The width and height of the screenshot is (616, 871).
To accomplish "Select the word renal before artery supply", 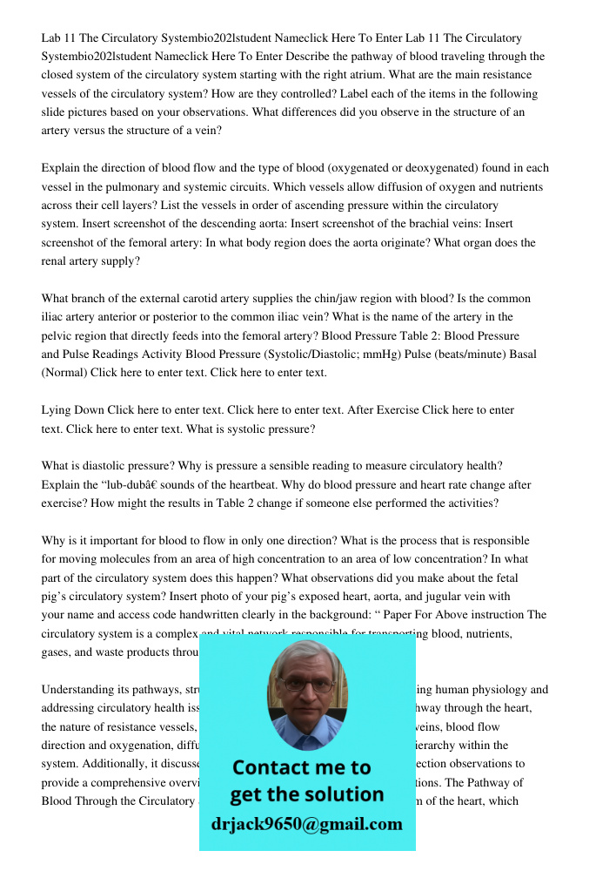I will [x=55, y=260].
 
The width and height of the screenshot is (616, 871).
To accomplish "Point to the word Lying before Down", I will [x=57, y=409].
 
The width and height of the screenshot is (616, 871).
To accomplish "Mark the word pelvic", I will [x=57, y=335].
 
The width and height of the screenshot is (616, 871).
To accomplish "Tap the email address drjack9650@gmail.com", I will [x=307, y=824].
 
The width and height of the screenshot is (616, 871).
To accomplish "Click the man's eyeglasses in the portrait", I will [x=306, y=685].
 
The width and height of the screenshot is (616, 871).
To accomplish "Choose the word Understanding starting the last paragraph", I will [x=78, y=689].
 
